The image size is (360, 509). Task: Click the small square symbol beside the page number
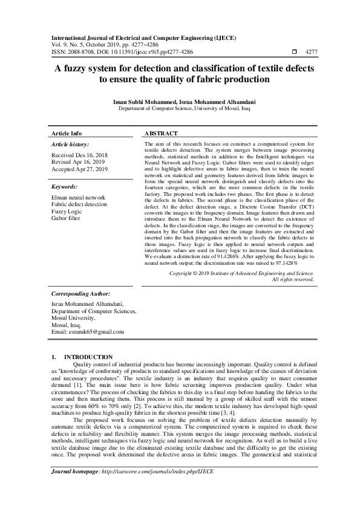295,52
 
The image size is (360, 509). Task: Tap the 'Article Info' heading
67,133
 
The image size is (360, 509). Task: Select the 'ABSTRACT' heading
162,133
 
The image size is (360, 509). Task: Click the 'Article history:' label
70,144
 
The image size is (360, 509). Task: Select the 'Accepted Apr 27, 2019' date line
80,169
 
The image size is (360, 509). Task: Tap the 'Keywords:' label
65,187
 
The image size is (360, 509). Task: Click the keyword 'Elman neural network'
79,198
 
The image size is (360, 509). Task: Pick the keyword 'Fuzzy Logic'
67,211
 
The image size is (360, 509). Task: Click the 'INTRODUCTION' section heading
88,357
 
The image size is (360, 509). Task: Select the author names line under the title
180,102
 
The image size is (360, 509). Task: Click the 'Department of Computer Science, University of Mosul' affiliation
180,109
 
